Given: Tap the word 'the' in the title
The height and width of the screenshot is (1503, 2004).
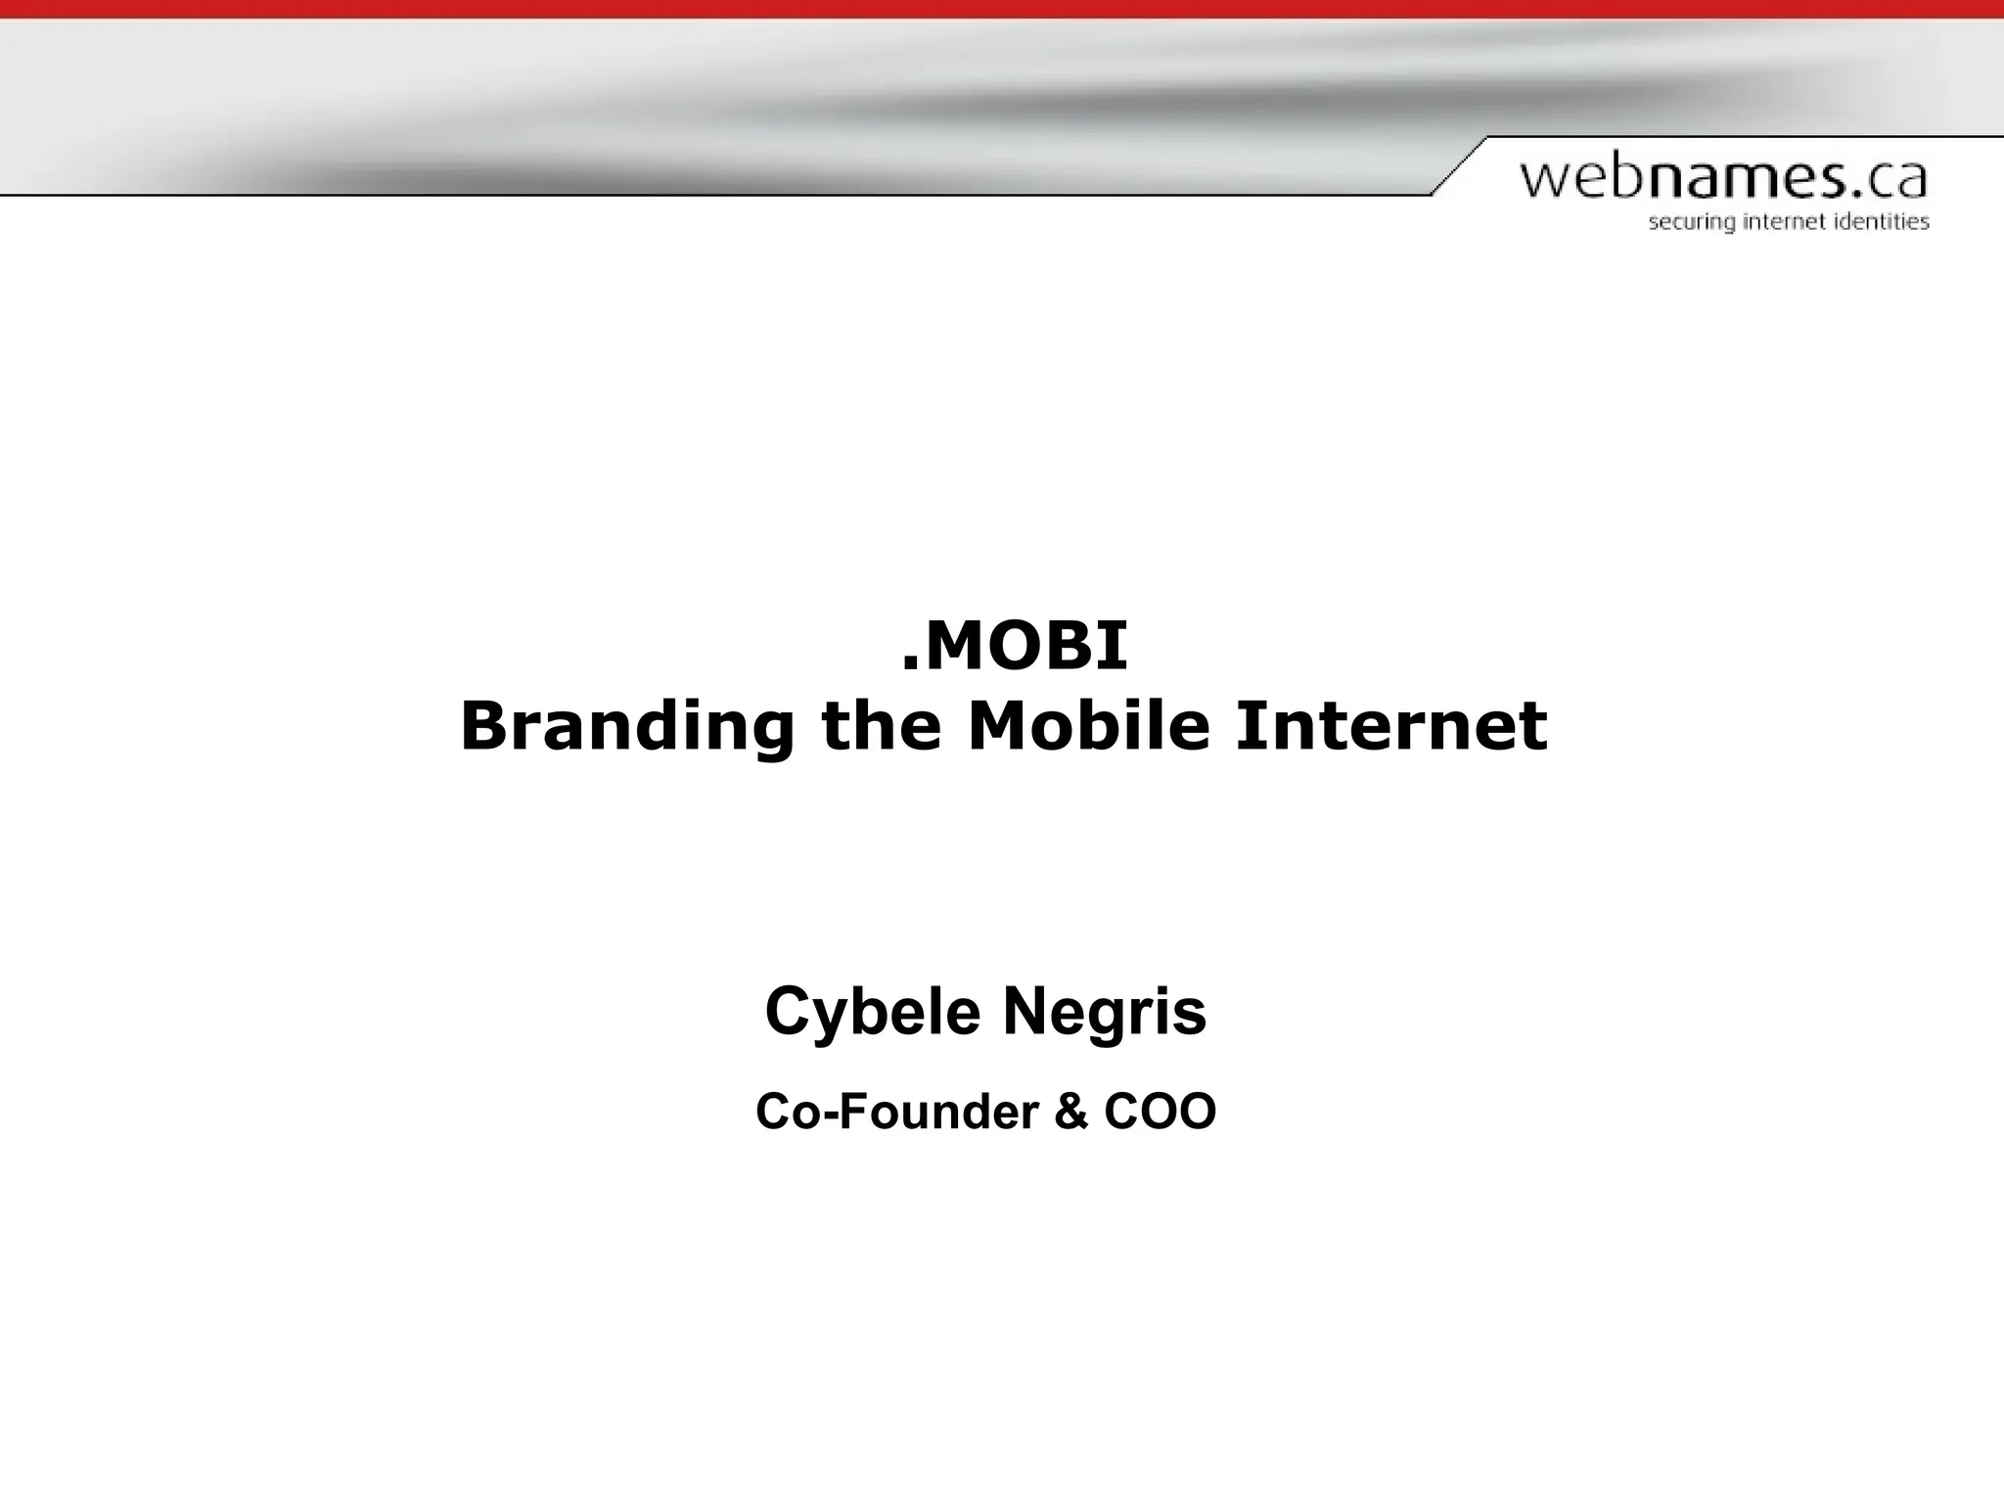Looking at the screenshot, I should click(881, 727).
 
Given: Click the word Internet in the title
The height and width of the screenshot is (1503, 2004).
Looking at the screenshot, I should click(1390, 727).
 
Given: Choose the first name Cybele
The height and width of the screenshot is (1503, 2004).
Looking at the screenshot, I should click(872, 1012).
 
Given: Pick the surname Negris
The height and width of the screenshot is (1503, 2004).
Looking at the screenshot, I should click(1105, 1012).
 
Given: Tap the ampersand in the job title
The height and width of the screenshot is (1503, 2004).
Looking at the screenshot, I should click(1070, 1112).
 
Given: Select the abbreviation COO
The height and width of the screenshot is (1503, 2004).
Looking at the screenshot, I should click(1160, 1112).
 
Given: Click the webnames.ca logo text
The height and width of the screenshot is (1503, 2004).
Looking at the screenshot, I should click(1723, 179).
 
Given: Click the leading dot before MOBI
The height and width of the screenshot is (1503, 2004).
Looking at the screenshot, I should click(909, 665).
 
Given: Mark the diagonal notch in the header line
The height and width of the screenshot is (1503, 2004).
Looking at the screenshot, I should click(1459, 165).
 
